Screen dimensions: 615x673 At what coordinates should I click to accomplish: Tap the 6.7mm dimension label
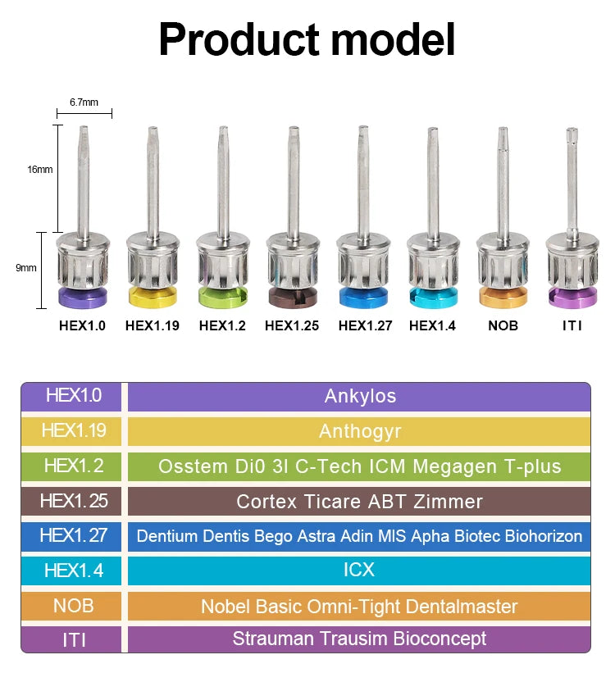(84, 102)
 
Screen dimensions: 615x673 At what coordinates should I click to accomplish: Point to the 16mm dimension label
(40, 170)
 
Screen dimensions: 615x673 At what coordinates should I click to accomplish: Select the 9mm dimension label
(26, 268)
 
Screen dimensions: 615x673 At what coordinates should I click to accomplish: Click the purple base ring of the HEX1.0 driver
(83, 298)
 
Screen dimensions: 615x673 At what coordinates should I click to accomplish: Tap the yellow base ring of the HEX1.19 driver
(153, 298)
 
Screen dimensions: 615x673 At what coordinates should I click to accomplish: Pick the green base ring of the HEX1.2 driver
(223, 298)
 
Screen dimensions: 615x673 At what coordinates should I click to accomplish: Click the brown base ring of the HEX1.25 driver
(294, 298)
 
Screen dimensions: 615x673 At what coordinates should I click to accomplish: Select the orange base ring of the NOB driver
(503, 298)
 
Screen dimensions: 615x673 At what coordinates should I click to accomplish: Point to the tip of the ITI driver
(572, 129)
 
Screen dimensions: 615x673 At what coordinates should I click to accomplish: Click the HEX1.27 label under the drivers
(365, 325)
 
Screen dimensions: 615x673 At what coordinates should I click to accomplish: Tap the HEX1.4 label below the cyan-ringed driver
(432, 325)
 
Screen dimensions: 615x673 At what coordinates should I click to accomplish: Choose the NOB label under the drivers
(503, 325)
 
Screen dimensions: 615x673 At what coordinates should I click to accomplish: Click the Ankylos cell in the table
(360, 396)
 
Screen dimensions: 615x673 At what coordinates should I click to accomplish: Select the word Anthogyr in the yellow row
(360, 431)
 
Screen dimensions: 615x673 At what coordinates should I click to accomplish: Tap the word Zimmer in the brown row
(448, 502)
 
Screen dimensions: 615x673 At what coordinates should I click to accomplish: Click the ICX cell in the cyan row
(359, 570)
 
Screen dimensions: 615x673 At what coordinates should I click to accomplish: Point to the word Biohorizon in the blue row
(544, 536)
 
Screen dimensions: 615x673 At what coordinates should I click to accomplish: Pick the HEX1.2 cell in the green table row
(74, 466)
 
